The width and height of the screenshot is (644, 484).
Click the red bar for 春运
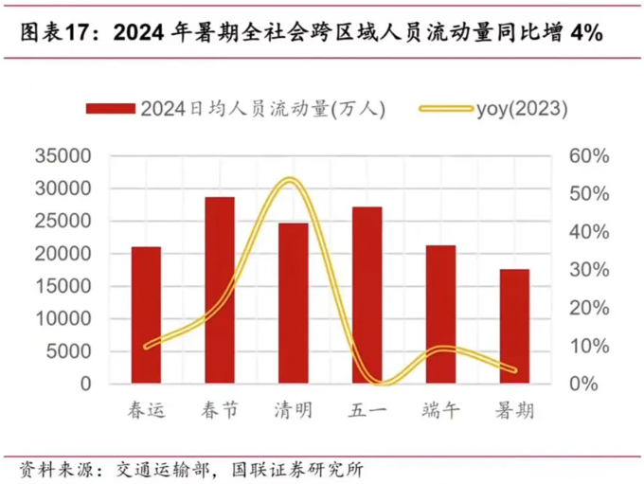[x=146, y=315]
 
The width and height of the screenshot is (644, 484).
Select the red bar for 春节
[x=220, y=291]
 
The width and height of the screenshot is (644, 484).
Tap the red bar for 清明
[x=293, y=303]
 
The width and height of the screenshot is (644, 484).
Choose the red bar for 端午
[x=440, y=314]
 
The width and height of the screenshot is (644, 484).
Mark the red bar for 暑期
[x=514, y=327]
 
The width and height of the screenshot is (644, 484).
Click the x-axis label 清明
[x=293, y=410]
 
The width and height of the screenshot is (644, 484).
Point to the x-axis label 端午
[x=440, y=410]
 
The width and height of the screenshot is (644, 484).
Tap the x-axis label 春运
[x=146, y=410]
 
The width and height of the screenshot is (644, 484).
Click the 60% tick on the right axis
[x=589, y=156]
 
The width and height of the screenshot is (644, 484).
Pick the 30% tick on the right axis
[x=589, y=270]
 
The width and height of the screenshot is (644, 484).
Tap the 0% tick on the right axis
[x=584, y=384]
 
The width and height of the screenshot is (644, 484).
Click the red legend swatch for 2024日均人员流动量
[x=111, y=108]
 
